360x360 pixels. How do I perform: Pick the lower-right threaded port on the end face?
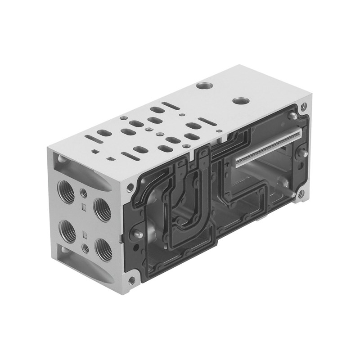click(103, 249)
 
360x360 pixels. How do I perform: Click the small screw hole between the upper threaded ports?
click(83, 193)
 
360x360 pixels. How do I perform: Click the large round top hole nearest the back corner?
click(205, 85)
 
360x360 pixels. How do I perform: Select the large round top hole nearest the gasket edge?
click(240, 100)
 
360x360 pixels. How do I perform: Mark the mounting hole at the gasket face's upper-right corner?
click(304, 107)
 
